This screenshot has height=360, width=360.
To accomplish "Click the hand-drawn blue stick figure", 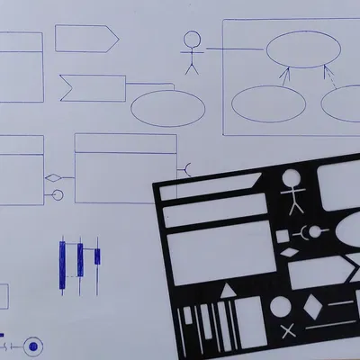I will [x=191, y=53].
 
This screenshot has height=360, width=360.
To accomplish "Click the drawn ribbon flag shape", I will [x=91, y=88].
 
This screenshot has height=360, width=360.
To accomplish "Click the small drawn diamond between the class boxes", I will [x=52, y=176].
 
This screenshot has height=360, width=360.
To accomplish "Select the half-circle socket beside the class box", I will [x=184, y=167].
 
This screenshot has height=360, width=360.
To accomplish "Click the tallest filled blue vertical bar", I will [x=63, y=265].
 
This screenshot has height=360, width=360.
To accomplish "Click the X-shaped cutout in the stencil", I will [x=287, y=331].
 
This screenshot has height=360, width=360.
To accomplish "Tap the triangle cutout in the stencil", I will [x=229, y=290].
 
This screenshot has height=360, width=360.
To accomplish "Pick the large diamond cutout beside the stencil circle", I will [x=311, y=305].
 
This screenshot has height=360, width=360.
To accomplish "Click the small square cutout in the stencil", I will [x=282, y=236].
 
